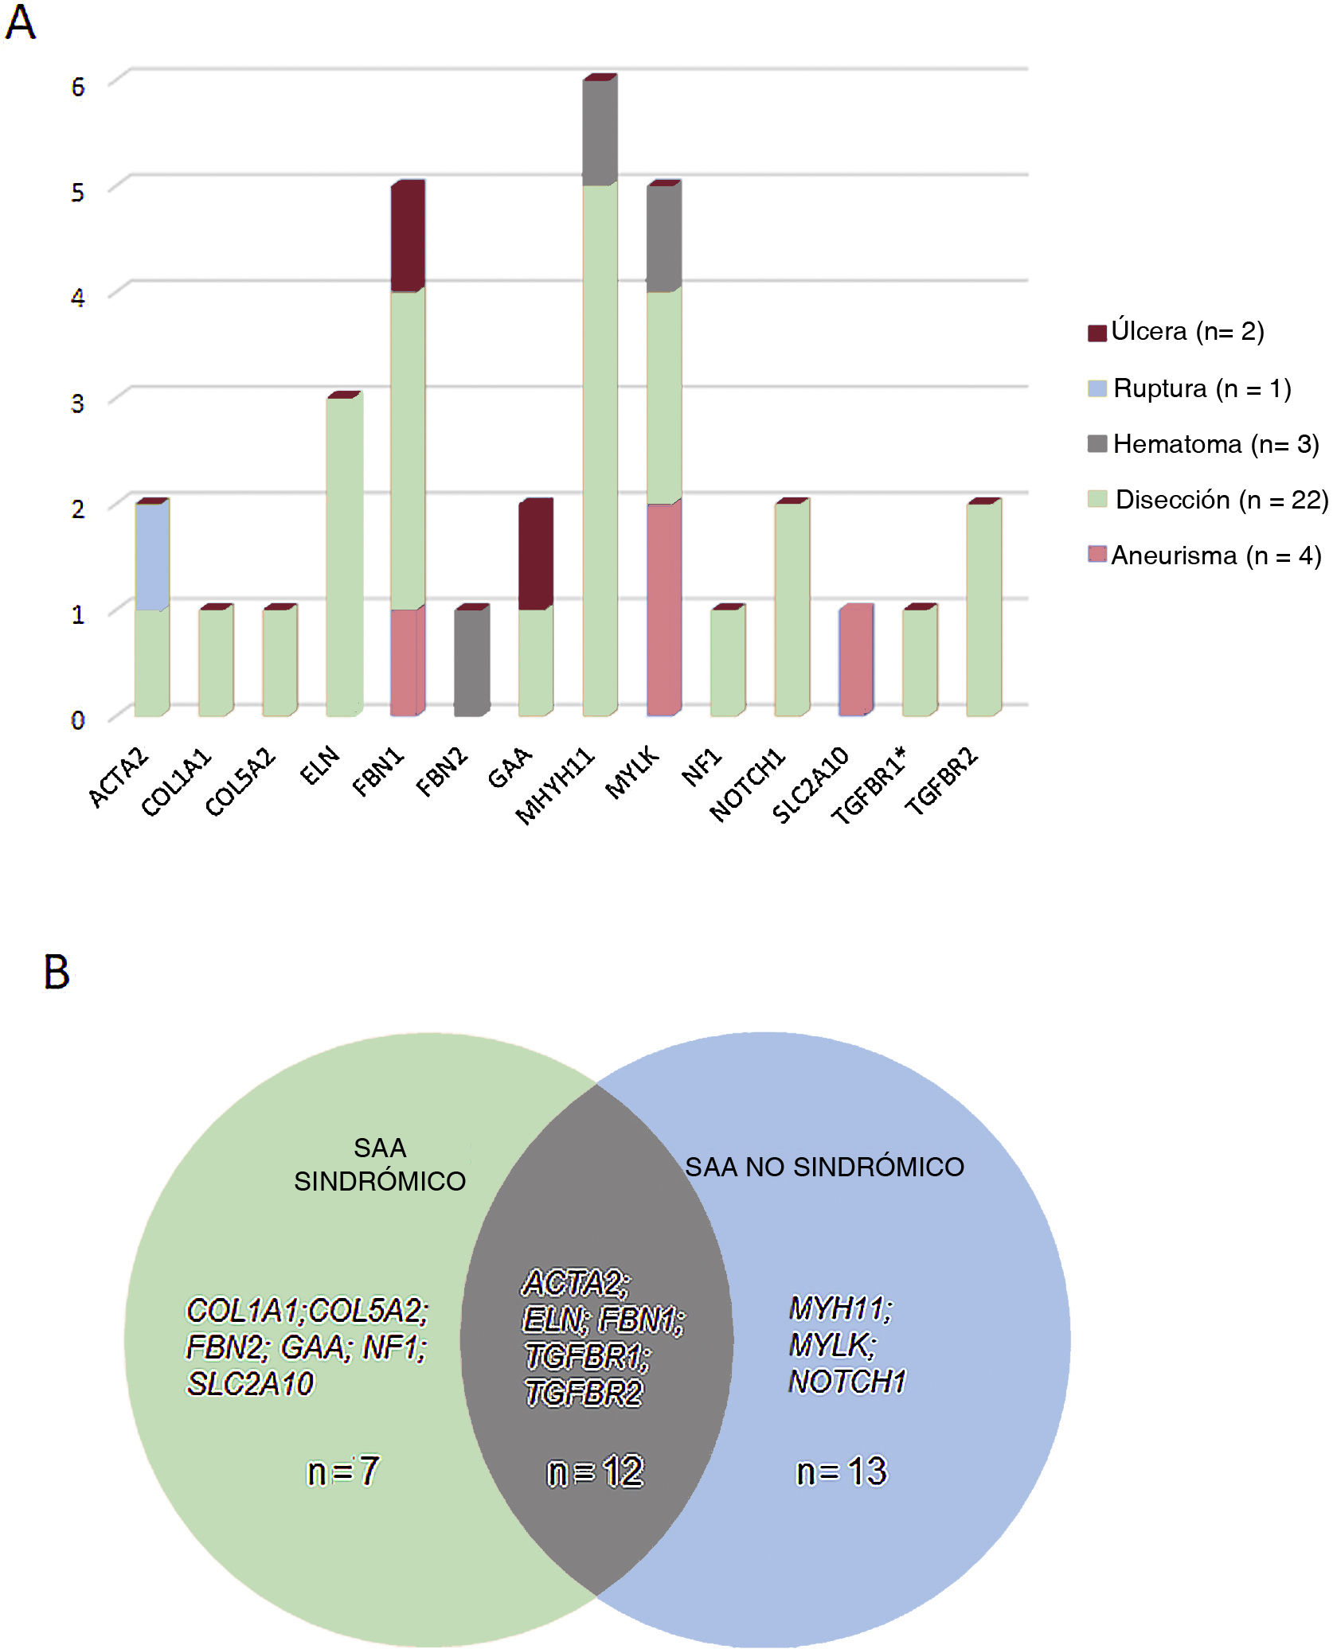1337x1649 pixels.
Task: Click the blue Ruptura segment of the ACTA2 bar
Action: pos(151,556)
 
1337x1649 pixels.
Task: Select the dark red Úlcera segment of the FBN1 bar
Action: pos(407,236)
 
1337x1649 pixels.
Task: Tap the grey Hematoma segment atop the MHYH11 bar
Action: pos(599,132)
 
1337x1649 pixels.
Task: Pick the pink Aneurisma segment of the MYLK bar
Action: pos(663,610)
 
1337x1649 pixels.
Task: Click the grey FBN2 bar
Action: pos(471,662)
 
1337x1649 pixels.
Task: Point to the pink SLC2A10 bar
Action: pos(855,661)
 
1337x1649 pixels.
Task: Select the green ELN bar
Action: pos(344,556)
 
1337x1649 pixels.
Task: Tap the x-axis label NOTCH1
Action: pos(747,783)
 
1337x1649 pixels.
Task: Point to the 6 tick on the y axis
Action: pos(77,87)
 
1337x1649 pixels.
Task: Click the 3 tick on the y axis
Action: pos(77,403)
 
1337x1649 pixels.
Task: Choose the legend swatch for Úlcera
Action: pos(1097,333)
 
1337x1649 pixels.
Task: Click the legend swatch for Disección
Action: pos(1097,500)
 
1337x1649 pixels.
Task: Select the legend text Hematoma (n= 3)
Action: pos(1215,444)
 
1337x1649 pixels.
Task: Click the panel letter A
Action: pos(20,22)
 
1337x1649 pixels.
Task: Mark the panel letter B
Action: pos(57,973)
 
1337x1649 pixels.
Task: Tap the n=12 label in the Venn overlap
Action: pos(595,1472)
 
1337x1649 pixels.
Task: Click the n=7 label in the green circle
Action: pos(343,1472)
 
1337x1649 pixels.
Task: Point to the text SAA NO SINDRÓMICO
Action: pos(824,1167)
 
